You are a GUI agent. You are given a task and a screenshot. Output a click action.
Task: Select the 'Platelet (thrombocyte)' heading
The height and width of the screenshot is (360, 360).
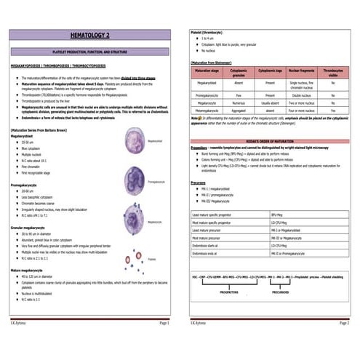[206, 33]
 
